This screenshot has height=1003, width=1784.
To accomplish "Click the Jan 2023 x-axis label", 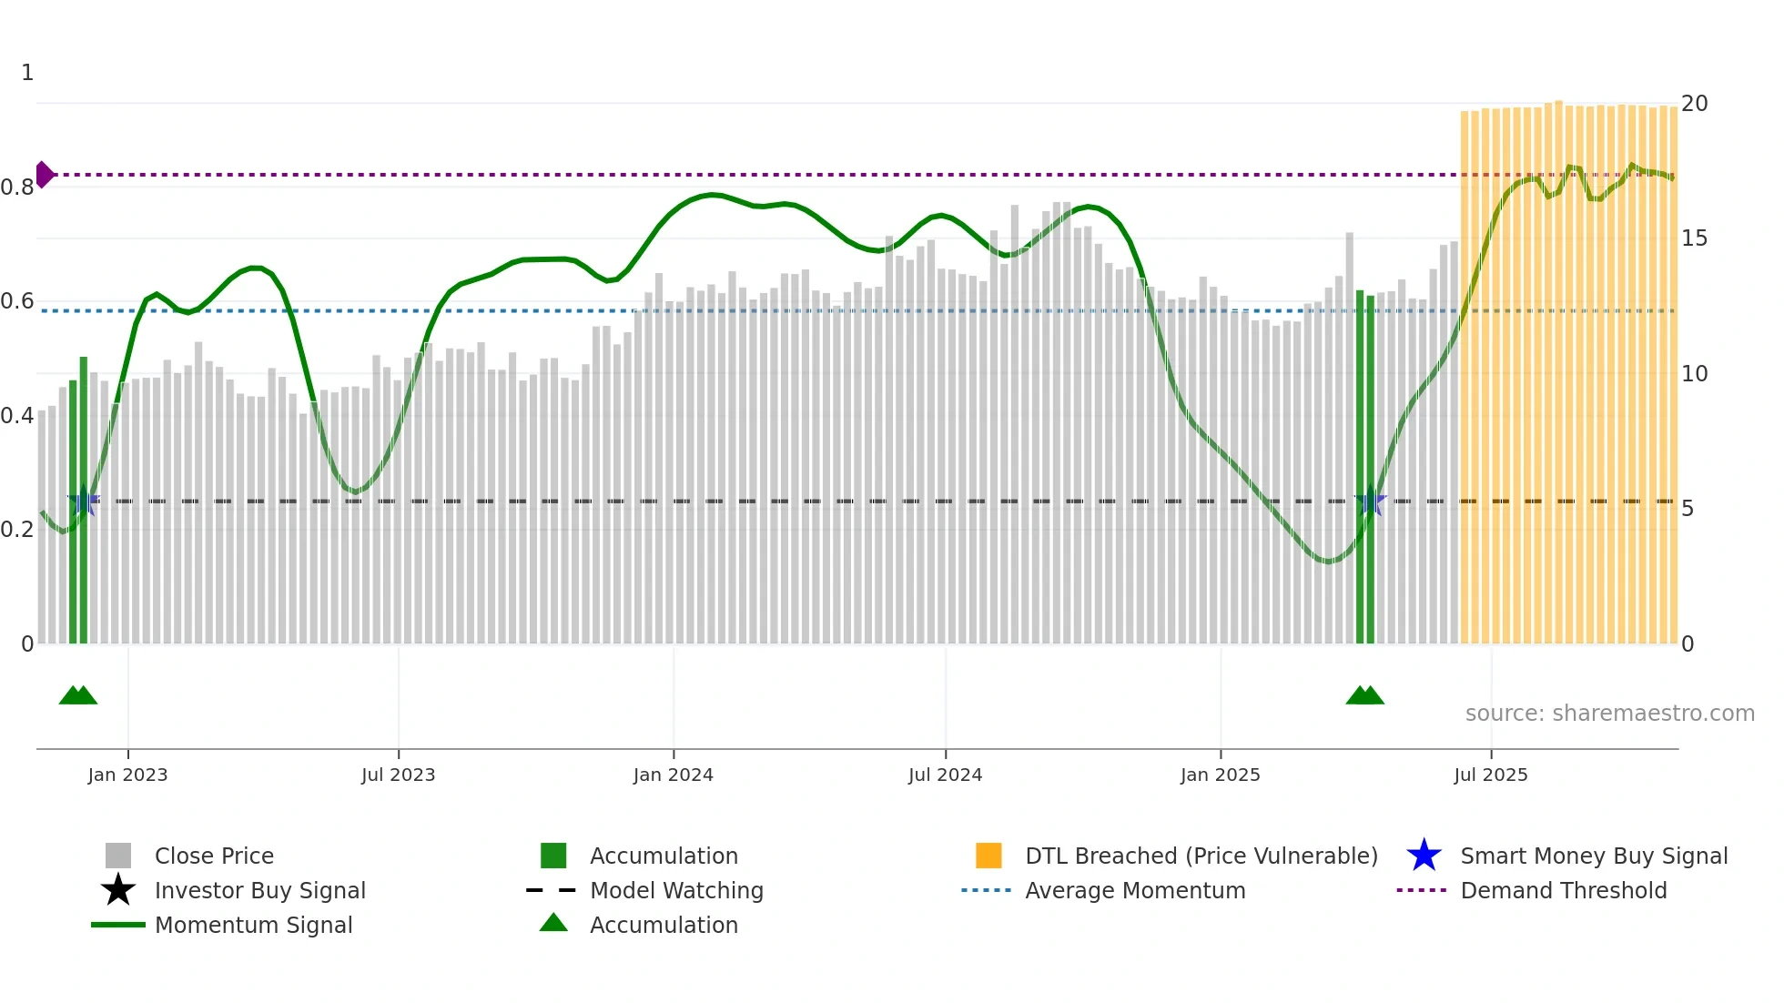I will pyautogui.click(x=127, y=775).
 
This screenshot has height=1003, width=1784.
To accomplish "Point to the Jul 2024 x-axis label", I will pyautogui.click(x=945, y=775).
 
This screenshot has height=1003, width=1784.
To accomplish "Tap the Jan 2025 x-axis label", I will pyautogui.click(x=1220, y=775).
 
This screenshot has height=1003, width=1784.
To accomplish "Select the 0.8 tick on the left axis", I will pyautogui.click(x=17, y=187).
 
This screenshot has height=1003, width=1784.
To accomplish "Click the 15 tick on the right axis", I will pyautogui.click(x=1694, y=238).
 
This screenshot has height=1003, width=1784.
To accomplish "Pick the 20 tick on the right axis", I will pyautogui.click(x=1694, y=104).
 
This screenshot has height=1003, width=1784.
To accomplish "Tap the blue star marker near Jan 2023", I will pyautogui.click(x=84, y=501).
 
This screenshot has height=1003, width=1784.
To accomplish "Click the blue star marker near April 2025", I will pyautogui.click(x=1370, y=501).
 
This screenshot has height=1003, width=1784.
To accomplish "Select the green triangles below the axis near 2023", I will pyautogui.click(x=78, y=695).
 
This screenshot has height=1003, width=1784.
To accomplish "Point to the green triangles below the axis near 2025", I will pyautogui.click(x=1364, y=695).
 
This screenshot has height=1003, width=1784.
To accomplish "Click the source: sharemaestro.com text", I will pyautogui.click(x=1609, y=714).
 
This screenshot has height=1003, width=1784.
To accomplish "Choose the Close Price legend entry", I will pyautogui.click(x=214, y=856).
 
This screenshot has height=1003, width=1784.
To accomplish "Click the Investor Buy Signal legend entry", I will pyautogui.click(x=259, y=890).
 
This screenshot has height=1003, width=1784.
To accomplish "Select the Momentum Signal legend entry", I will pyautogui.click(x=253, y=925).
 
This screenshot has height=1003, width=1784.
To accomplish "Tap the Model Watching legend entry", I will pyautogui.click(x=676, y=890).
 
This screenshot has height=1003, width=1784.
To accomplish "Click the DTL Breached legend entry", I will pyautogui.click(x=1201, y=856).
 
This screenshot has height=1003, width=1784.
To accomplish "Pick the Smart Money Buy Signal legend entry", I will pyautogui.click(x=1593, y=856).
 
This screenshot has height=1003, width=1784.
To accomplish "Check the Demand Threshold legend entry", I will pyautogui.click(x=1563, y=890).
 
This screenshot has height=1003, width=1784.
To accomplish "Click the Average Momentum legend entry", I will pyautogui.click(x=1134, y=890).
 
